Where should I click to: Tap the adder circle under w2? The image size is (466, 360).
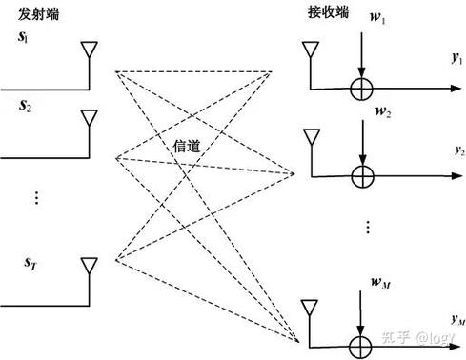(361, 175)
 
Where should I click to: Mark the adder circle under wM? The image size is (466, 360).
(361, 344)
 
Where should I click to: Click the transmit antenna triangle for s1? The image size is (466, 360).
(89, 50)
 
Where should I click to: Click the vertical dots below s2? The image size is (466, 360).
(35, 196)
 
